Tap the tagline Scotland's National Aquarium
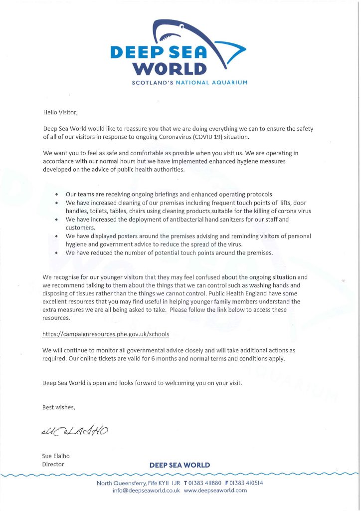[x=189, y=82]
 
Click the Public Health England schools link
[x=102, y=334]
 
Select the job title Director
[x=53, y=465]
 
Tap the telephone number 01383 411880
[x=204, y=483]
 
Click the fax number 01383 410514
[x=244, y=483]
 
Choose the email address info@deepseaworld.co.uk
[x=146, y=491]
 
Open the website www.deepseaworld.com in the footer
[x=215, y=491]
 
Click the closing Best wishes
[x=59, y=408]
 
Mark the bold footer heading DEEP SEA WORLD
[x=180, y=465]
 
